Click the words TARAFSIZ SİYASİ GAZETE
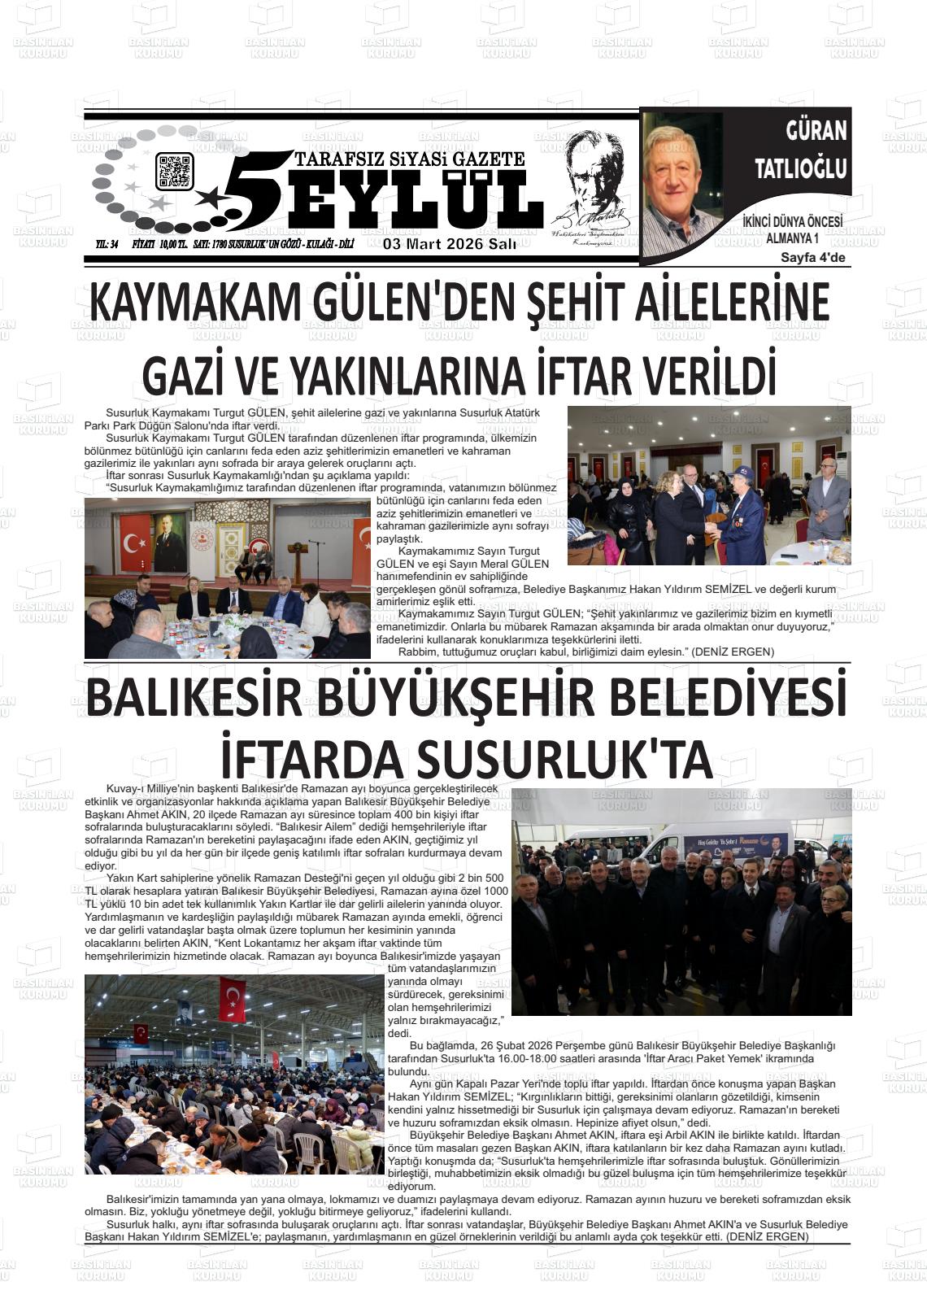point(411,159)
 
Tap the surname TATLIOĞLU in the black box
point(800,168)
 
